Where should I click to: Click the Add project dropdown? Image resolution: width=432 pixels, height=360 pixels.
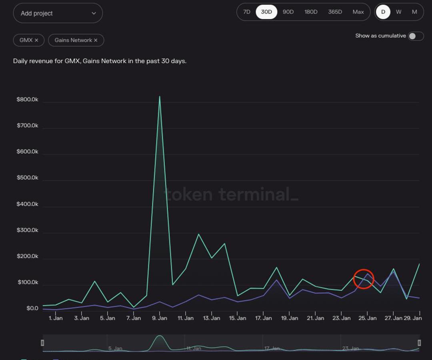(58, 13)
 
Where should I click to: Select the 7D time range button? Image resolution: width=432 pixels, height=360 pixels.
(247, 12)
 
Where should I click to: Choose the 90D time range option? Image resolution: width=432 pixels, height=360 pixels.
(288, 12)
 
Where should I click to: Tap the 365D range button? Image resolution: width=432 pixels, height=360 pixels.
(335, 12)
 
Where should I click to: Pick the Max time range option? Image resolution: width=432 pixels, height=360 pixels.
(358, 12)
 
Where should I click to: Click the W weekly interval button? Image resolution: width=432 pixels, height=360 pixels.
(398, 12)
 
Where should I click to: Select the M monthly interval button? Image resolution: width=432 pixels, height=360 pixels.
(414, 12)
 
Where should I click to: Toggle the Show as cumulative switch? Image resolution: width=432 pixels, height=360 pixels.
(416, 36)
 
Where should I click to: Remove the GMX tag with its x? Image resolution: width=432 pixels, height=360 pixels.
(36, 40)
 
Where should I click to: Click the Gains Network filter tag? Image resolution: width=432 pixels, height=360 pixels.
(73, 40)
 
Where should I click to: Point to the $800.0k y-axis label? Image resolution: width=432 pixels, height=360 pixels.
(27, 100)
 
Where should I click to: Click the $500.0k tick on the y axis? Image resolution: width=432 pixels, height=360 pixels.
(27, 178)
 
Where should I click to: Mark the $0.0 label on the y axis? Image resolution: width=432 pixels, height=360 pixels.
(32, 308)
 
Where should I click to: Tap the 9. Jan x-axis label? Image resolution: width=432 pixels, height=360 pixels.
(160, 318)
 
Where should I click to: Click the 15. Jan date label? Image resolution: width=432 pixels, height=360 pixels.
(238, 318)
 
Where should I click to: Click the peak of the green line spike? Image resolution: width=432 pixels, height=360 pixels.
(160, 97)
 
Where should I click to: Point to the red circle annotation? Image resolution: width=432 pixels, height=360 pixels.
(364, 279)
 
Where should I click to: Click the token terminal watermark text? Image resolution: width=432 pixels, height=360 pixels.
(231, 195)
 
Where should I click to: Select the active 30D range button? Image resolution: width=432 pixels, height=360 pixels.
(266, 12)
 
